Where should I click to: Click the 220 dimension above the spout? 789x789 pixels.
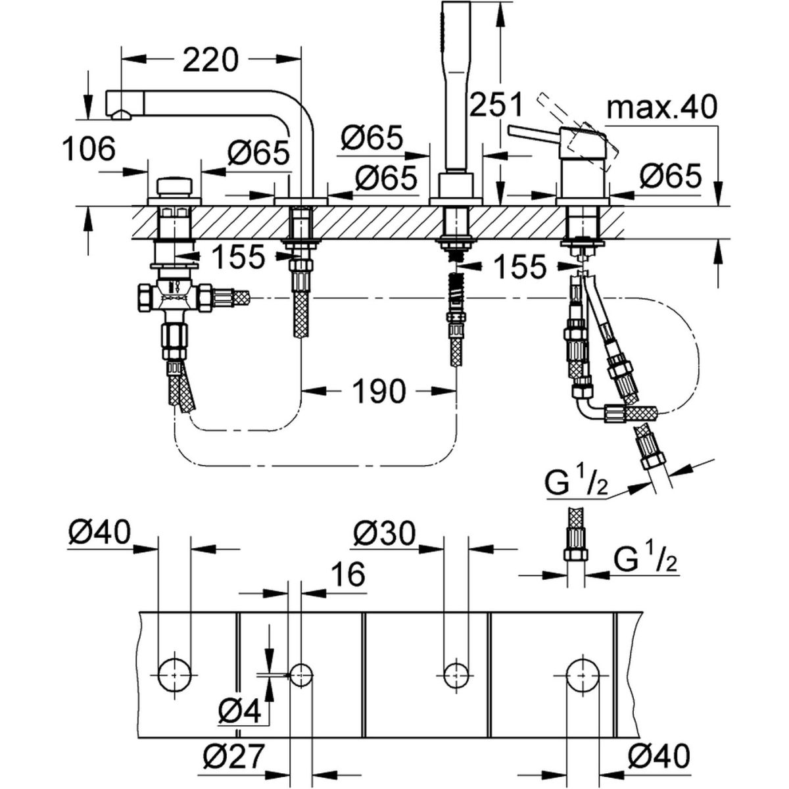pyautogui.click(x=209, y=60)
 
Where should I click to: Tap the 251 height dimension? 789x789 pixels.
pyautogui.click(x=498, y=105)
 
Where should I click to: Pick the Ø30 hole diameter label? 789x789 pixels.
pyautogui.click(x=384, y=535)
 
